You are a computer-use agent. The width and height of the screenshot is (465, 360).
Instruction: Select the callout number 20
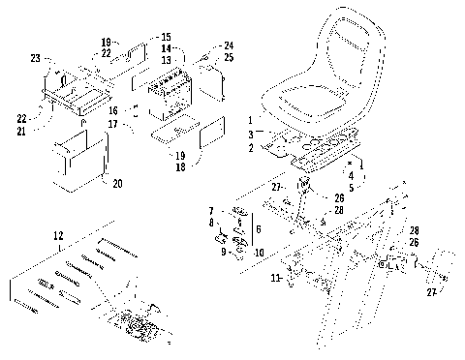(x=117, y=182)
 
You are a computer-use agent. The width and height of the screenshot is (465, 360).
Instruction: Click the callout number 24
(x=228, y=45)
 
